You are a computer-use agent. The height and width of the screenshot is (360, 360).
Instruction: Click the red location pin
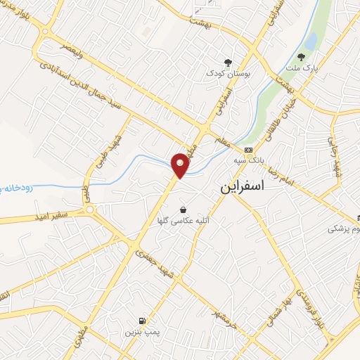[181, 165]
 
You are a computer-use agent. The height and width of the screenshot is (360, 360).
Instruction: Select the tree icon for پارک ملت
[302, 58]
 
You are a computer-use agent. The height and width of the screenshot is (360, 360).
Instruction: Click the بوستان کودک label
[225, 72]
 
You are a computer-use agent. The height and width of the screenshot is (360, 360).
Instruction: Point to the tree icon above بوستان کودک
[226, 62]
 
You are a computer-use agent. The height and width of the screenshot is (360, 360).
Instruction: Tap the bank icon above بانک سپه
[247, 150]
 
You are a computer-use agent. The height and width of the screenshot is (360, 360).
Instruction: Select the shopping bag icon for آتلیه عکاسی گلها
[184, 210]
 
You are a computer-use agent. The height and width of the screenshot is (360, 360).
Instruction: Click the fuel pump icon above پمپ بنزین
[143, 319]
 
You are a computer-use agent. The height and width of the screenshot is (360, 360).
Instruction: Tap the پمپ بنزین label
[143, 330]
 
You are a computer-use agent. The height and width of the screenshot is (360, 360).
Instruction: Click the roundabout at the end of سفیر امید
[89, 209]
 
